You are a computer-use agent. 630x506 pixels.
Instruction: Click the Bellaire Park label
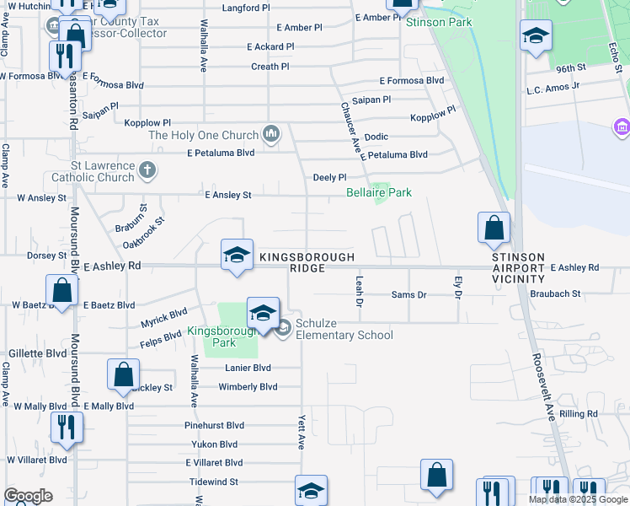[379, 193]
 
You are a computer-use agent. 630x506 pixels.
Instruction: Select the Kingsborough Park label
[211, 336]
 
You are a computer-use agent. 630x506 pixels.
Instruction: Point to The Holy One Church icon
[271, 134]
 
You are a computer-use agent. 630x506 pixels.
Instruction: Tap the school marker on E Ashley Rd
[238, 256]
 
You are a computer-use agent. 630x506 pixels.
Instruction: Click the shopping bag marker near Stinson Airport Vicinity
[493, 228]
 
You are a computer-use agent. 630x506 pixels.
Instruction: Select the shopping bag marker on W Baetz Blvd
[62, 291]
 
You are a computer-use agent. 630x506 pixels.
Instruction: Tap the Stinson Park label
[439, 22]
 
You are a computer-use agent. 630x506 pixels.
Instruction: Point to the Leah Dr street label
[360, 289]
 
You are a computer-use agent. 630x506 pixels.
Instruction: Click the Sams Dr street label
[409, 294]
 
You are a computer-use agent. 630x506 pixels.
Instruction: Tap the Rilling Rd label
[578, 414]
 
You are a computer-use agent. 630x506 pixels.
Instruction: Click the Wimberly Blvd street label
[248, 387]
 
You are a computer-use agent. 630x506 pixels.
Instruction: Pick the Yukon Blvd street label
[216, 444]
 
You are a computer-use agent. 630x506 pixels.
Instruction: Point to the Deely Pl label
[329, 178]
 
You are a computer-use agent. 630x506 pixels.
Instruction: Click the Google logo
[28, 496]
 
